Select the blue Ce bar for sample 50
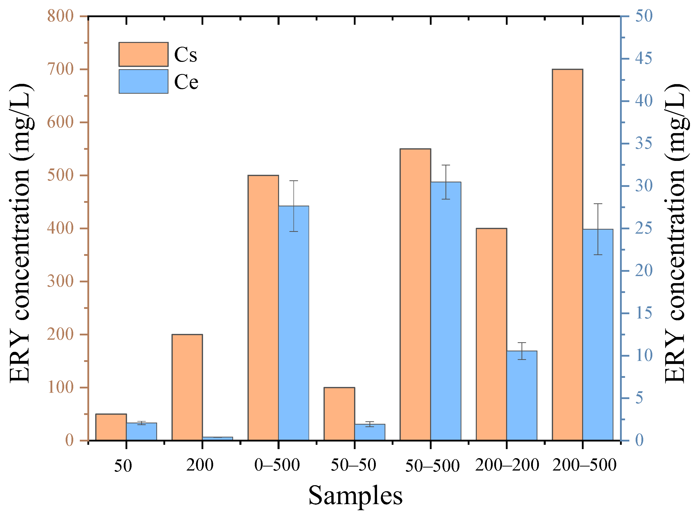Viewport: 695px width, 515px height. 141,431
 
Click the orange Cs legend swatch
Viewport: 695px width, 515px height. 143,54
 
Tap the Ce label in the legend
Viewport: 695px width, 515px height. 186,82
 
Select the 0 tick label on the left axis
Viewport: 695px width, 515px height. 69,440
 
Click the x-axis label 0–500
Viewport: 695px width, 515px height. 277,465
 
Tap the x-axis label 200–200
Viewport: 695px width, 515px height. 507,465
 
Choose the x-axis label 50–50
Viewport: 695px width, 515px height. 353,465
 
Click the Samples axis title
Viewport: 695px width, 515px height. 355,496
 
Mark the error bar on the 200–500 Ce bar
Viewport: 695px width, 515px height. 598,229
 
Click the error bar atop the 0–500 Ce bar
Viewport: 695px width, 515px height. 294,206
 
